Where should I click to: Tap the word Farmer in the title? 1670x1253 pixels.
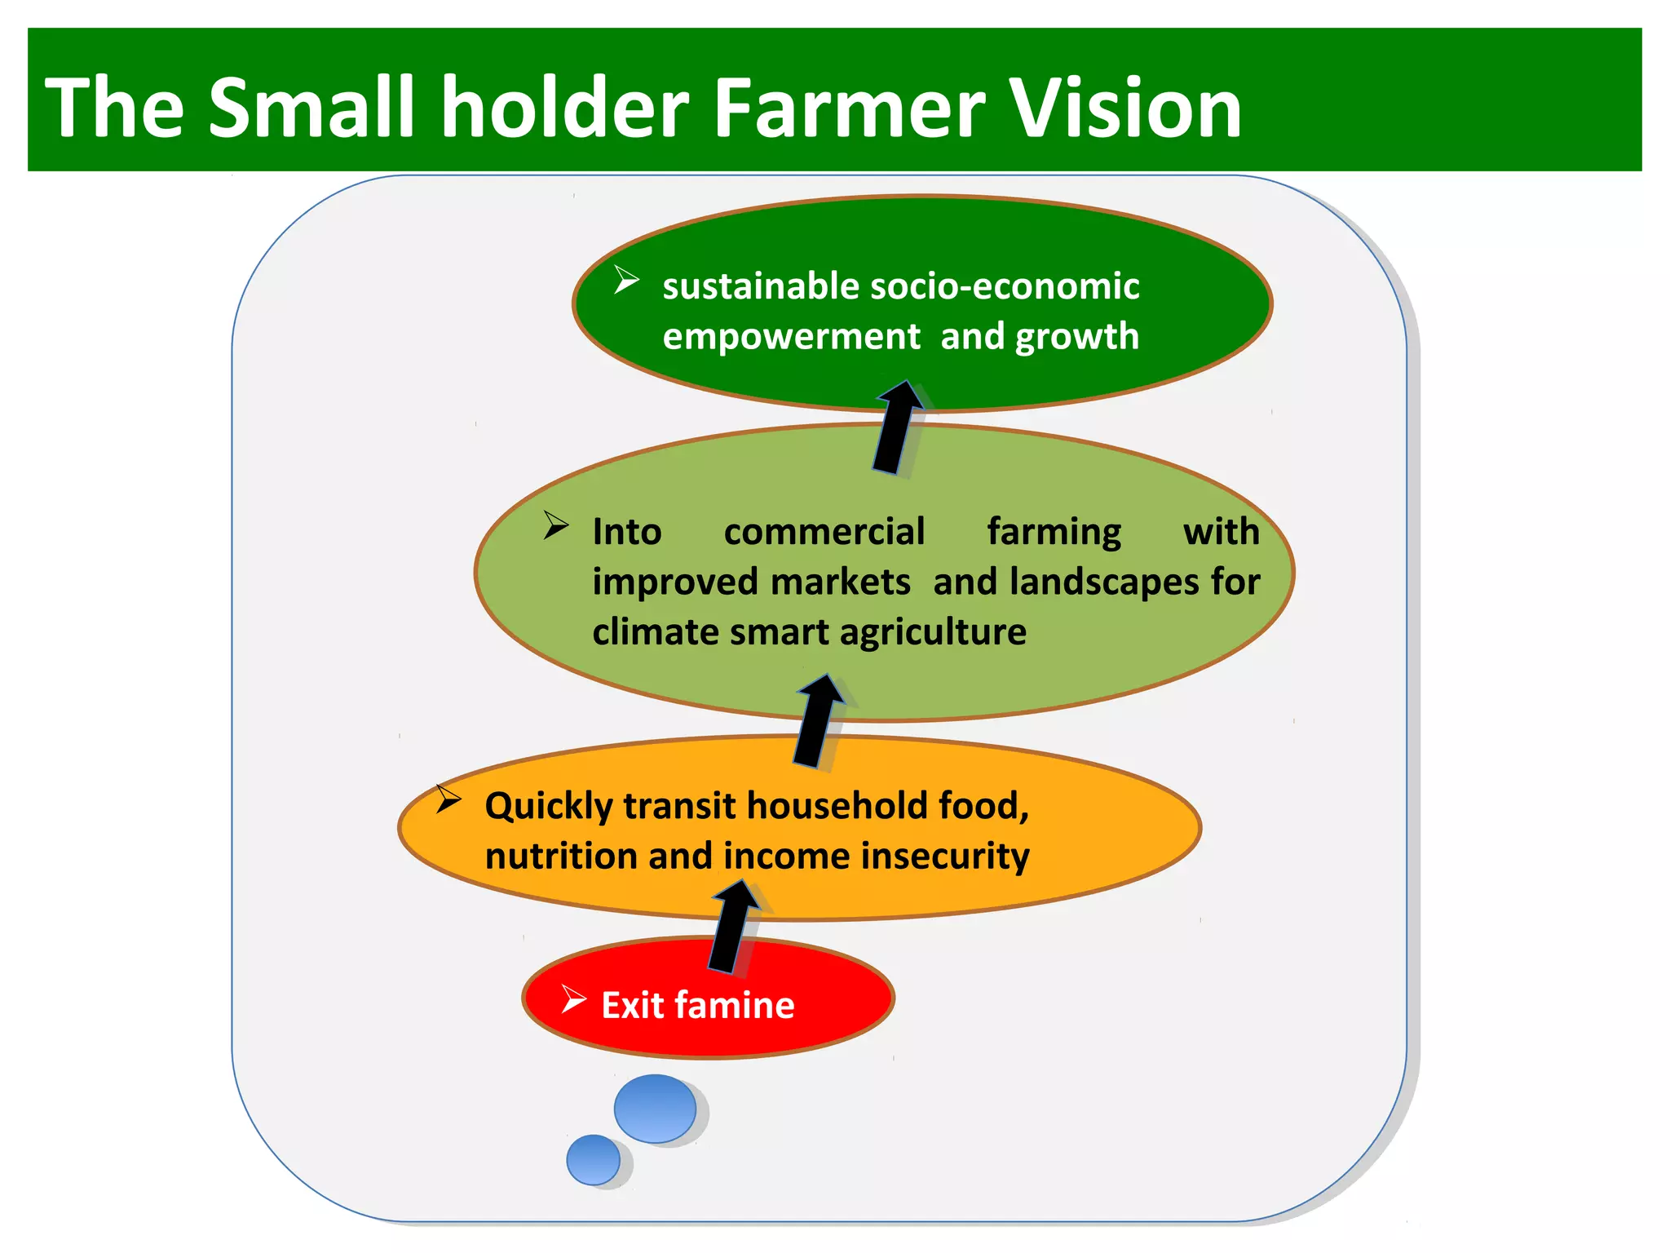click(850, 108)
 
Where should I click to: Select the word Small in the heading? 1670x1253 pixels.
click(312, 108)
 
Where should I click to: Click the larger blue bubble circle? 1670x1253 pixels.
click(655, 1108)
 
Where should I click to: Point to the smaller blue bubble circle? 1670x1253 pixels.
click(593, 1159)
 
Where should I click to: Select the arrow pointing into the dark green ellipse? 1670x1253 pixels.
click(897, 427)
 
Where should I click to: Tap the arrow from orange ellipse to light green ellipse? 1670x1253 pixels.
click(818, 721)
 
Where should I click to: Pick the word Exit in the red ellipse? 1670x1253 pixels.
click(632, 1005)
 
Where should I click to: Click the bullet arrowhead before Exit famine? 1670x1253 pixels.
click(573, 998)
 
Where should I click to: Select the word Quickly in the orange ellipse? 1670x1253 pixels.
click(549, 806)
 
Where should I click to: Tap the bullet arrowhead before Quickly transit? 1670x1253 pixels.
click(448, 799)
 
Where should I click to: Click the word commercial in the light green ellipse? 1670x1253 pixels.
click(824, 532)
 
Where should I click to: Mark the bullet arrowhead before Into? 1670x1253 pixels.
click(555, 525)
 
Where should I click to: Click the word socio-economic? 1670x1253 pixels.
click(1005, 286)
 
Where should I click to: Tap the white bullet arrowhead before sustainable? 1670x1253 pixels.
click(625, 280)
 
